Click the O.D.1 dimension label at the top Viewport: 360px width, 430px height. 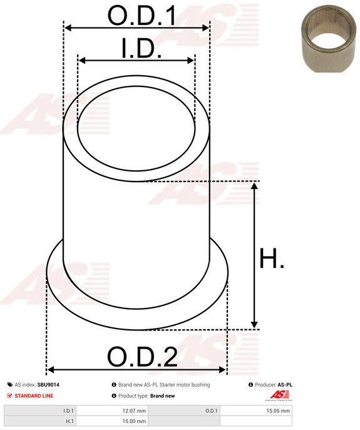click(142, 16)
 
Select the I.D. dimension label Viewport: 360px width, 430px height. click(141, 49)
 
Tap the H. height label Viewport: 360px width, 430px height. click(272, 258)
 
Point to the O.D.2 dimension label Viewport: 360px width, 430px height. click(142, 357)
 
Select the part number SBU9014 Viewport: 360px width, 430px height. click(48, 385)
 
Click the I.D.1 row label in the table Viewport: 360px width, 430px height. click(68, 411)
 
